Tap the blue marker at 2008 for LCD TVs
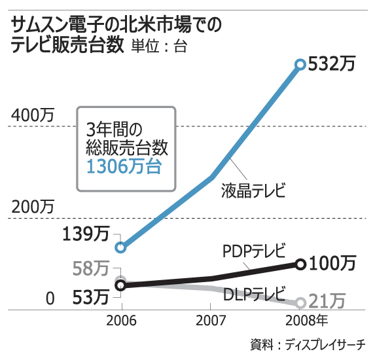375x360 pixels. pyautogui.click(x=300, y=64)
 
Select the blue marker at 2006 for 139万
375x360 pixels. pyautogui.click(x=120, y=247)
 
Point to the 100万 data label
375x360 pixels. pyautogui.click(x=332, y=264)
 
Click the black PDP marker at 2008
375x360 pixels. pyautogui.click(x=300, y=264)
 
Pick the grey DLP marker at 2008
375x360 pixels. pyautogui.click(x=300, y=302)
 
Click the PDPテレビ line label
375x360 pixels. pyautogui.click(x=255, y=251)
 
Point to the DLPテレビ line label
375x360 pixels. pyautogui.click(x=253, y=293)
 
